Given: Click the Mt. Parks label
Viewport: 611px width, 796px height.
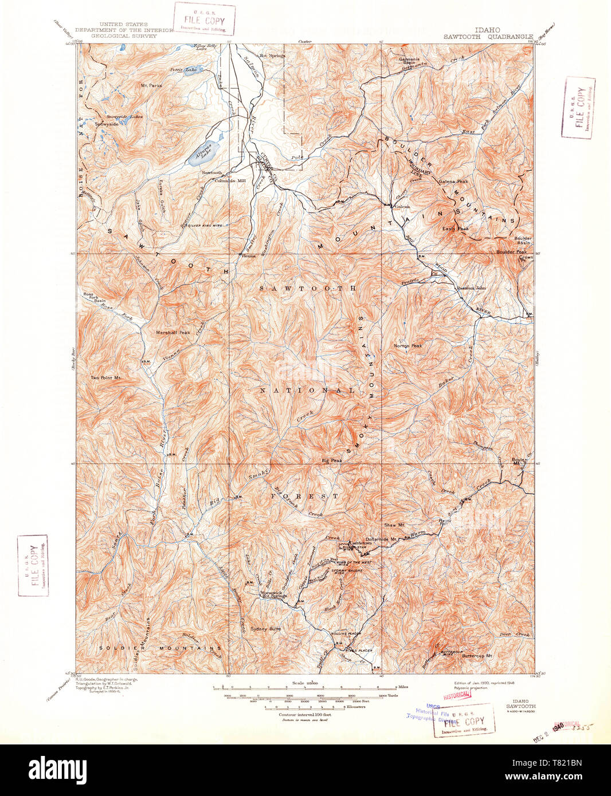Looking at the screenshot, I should tap(151, 85).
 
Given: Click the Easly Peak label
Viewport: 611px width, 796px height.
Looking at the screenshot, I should tap(455, 228).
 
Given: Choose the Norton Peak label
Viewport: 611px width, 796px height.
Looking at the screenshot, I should tap(408, 346).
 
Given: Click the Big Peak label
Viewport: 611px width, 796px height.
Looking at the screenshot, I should tap(332, 460).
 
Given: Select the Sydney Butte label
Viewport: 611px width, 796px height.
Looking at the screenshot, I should tap(266, 629).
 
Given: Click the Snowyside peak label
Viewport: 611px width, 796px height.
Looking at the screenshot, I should tap(107, 124).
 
